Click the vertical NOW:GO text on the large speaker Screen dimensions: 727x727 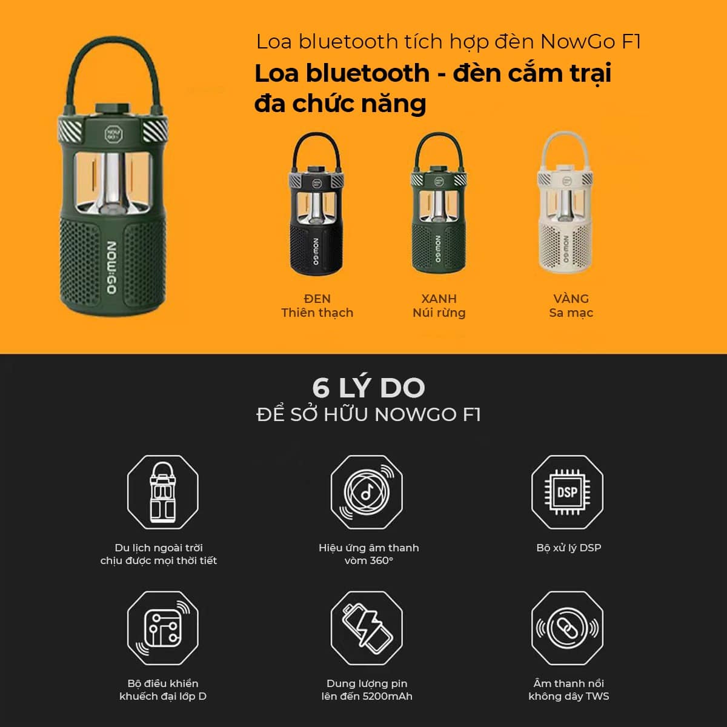point(111,267)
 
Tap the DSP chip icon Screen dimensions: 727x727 point(567,492)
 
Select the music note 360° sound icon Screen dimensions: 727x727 point(367,492)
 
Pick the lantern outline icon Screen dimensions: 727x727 point(162,492)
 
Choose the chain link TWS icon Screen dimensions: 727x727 point(567,628)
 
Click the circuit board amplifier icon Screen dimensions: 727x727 point(162,628)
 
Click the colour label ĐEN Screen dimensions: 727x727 point(317,299)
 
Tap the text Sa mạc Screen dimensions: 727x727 point(571,313)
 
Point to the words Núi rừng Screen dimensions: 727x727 point(439,313)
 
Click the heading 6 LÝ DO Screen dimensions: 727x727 point(368,388)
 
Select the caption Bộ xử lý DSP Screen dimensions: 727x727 point(568,548)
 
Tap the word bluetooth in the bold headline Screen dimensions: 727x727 point(368,73)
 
